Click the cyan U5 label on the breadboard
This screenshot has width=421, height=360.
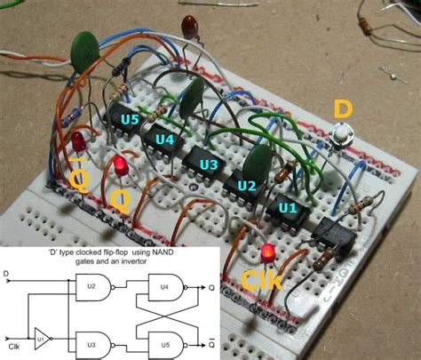[x=130, y=119]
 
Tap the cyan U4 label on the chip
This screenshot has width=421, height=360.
[x=164, y=140]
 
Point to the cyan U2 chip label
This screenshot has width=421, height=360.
[x=246, y=187]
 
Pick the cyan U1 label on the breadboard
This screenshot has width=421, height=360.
[x=288, y=208]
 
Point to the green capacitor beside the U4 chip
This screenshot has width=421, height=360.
[x=189, y=98]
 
